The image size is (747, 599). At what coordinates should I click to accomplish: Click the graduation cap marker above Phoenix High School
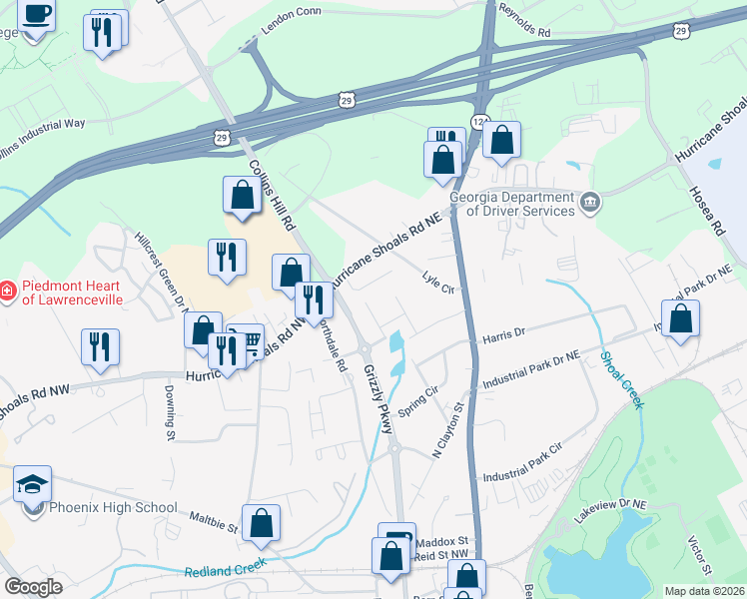point(33,485)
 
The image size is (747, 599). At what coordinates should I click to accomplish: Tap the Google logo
point(33,587)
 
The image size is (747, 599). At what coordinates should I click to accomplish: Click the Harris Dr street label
point(505,334)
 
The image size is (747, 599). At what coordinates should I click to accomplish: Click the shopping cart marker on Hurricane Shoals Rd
point(246,341)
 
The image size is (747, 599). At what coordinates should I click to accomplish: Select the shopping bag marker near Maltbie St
point(261,522)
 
